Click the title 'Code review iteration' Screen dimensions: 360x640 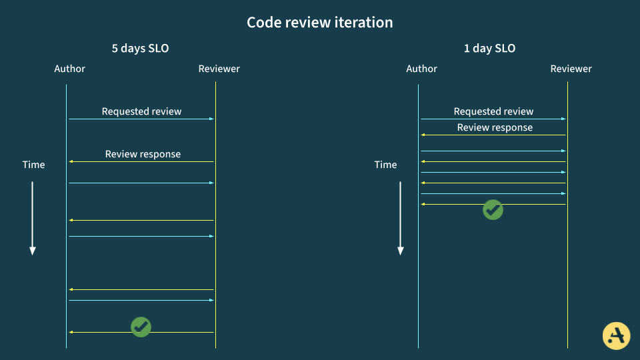click(x=320, y=22)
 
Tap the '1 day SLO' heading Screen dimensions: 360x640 click(x=489, y=48)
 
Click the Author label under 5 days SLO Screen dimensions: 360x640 click(x=70, y=69)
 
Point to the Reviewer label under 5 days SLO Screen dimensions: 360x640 click(x=219, y=69)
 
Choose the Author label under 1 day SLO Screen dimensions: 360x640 click(x=421, y=69)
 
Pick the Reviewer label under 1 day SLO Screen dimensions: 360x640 click(x=571, y=69)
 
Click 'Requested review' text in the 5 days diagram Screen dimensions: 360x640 click(x=141, y=111)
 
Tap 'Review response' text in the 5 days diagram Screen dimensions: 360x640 click(x=143, y=154)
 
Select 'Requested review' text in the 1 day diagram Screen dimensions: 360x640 click(x=493, y=111)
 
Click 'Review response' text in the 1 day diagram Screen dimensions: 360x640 click(x=495, y=127)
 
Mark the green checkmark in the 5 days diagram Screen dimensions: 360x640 click(x=141, y=327)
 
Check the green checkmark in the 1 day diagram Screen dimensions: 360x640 click(x=493, y=209)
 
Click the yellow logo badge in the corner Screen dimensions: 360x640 click(x=616, y=335)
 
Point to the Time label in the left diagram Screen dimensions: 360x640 click(x=33, y=165)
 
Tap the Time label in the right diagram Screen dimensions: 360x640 click(x=385, y=165)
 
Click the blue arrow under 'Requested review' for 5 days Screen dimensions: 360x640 click(x=141, y=119)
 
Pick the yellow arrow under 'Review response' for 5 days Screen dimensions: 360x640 click(x=141, y=161)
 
